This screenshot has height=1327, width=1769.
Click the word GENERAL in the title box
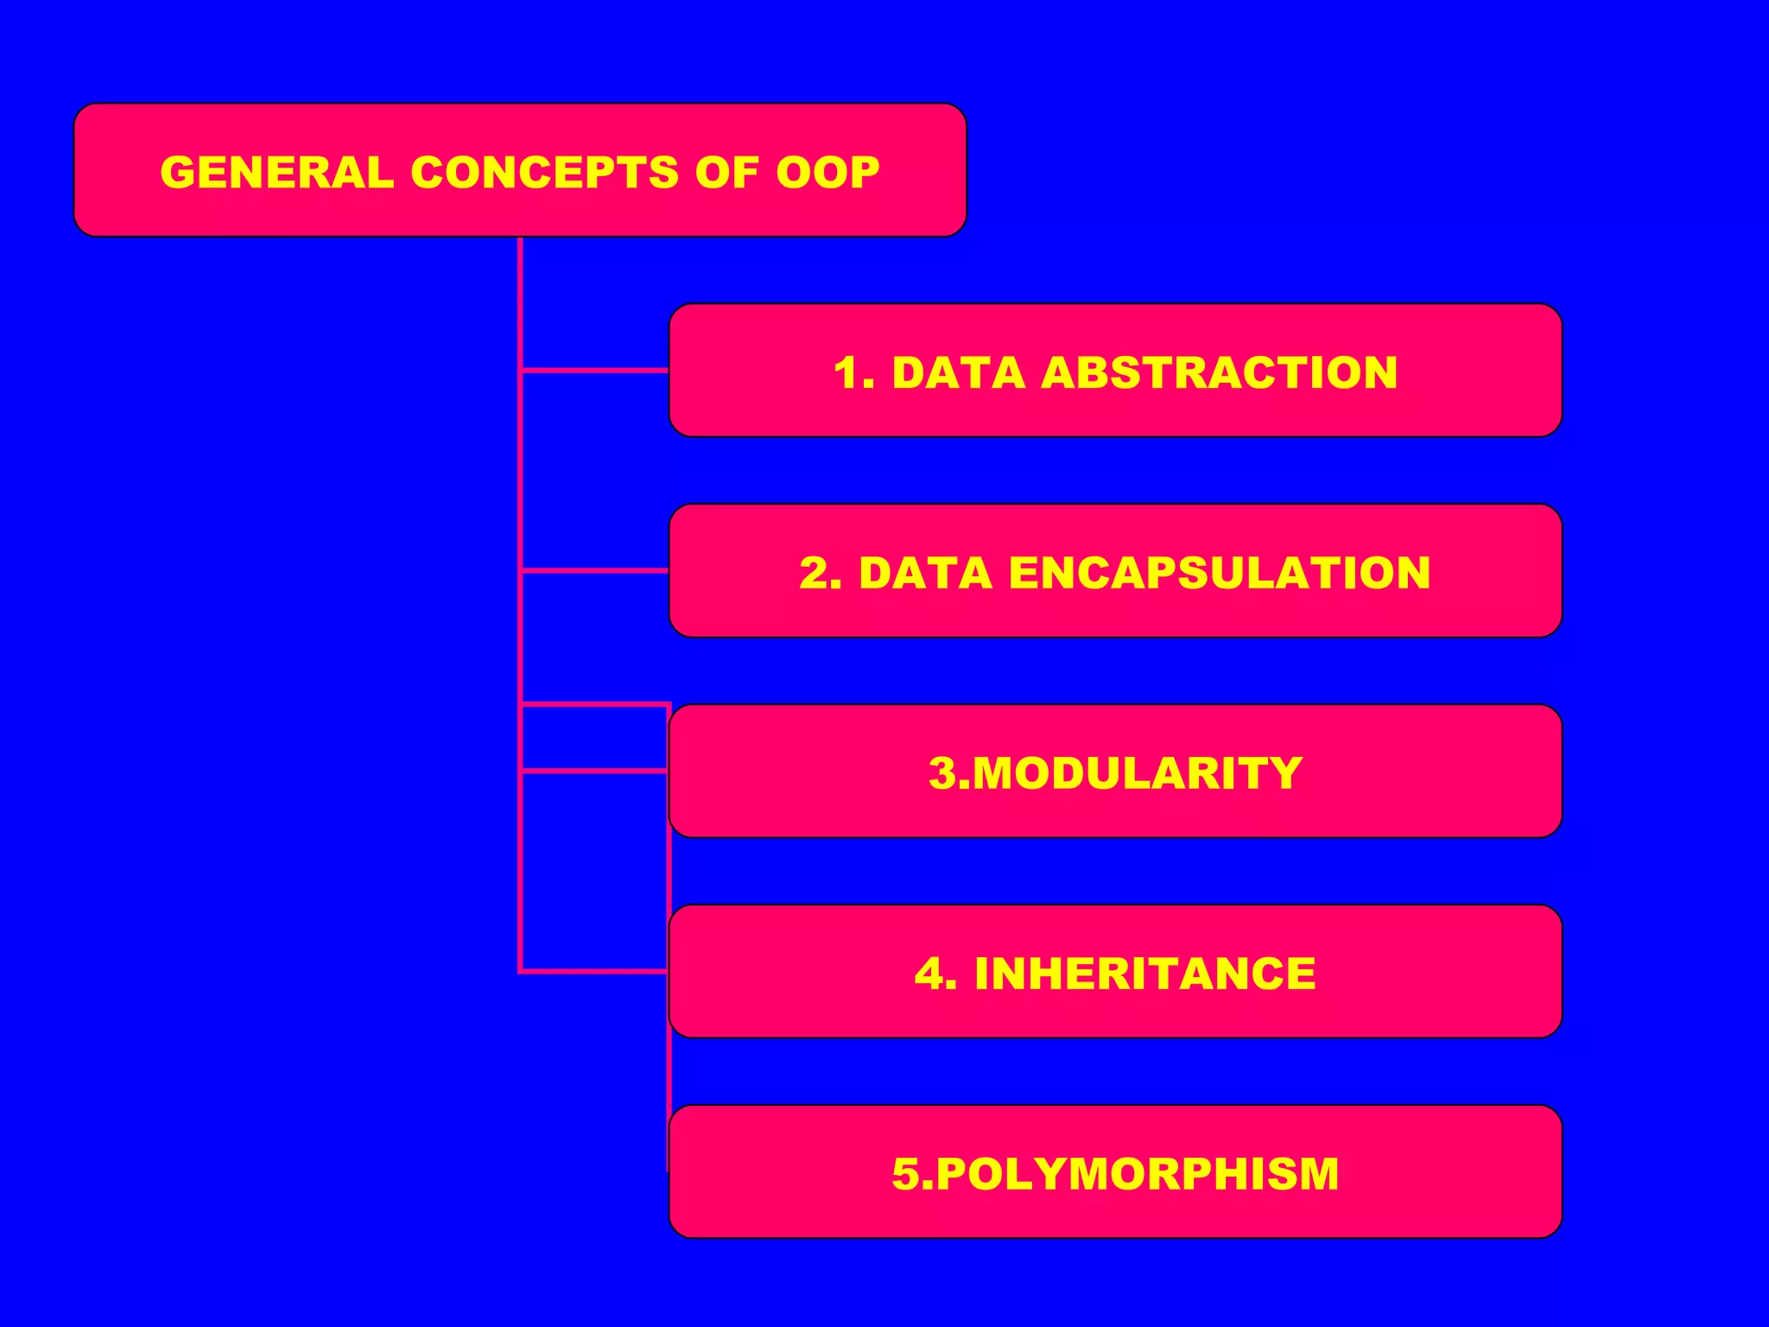click(276, 172)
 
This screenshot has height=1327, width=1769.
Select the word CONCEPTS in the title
click(545, 172)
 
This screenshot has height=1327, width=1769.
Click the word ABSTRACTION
click(1219, 373)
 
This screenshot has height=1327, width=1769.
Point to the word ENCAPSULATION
click(1219, 573)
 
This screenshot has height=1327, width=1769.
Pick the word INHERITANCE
click(1144, 974)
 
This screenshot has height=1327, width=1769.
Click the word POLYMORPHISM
click(1137, 1174)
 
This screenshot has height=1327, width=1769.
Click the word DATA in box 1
click(958, 373)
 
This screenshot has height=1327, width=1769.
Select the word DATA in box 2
click(925, 573)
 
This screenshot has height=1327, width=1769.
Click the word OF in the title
click(726, 172)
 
